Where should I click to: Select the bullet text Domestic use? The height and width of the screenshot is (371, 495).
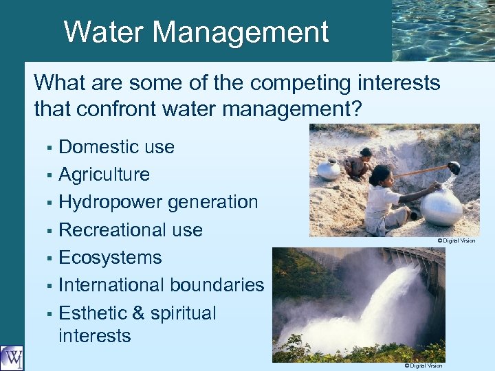(x=116, y=147)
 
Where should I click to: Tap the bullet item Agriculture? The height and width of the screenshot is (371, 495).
(x=104, y=175)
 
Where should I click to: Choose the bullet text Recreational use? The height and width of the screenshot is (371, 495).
(x=131, y=230)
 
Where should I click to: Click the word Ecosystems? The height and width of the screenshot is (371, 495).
(x=110, y=258)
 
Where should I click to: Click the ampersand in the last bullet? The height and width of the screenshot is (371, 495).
(x=137, y=313)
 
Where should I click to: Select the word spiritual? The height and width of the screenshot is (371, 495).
(x=184, y=314)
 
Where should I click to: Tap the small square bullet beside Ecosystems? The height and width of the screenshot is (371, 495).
(x=49, y=259)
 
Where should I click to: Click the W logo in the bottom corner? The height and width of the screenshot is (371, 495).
(x=12, y=357)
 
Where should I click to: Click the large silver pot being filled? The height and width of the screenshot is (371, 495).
(x=441, y=207)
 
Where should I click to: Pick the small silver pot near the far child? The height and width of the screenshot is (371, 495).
(x=329, y=169)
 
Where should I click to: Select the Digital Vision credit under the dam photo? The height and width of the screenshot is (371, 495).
(x=423, y=366)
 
